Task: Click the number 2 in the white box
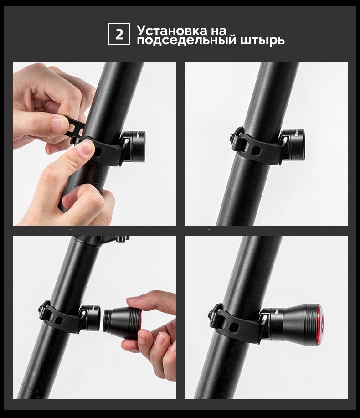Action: tap(119, 34)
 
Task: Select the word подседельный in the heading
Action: tap(186, 40)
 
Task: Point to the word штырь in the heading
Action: tap(262, 41)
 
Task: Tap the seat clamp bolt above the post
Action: tap(120, 238)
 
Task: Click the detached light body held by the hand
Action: tap(120, 322)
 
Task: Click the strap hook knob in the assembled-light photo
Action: tap(212, 314)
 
